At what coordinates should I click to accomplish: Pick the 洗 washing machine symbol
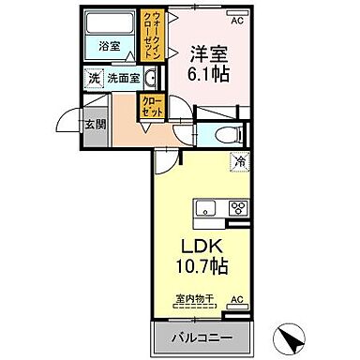point(93,80)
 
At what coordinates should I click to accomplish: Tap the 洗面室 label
point(122,80)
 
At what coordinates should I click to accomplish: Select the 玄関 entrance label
point(94,124)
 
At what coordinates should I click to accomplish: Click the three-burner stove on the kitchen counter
point(236,207)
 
